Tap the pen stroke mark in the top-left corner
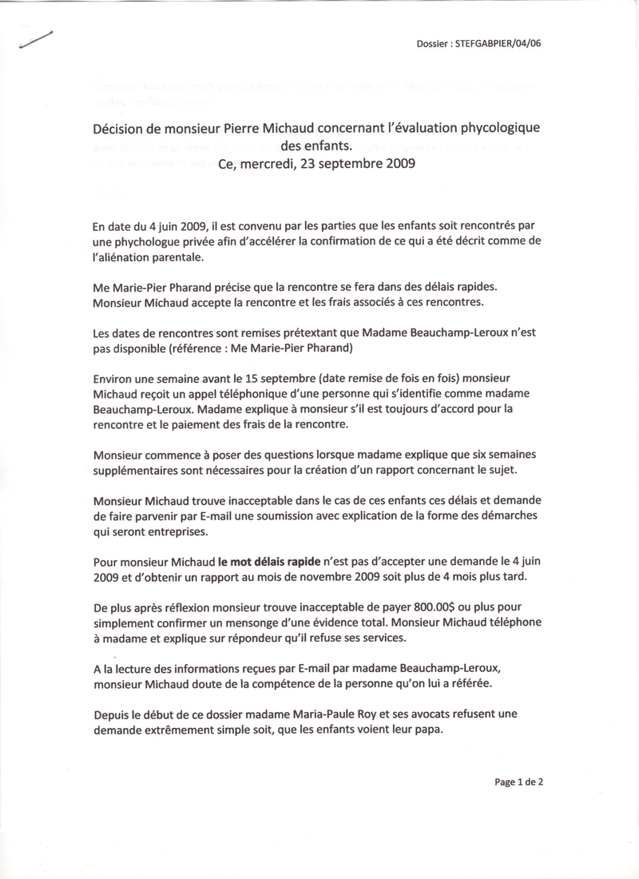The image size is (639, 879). point(34,40)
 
